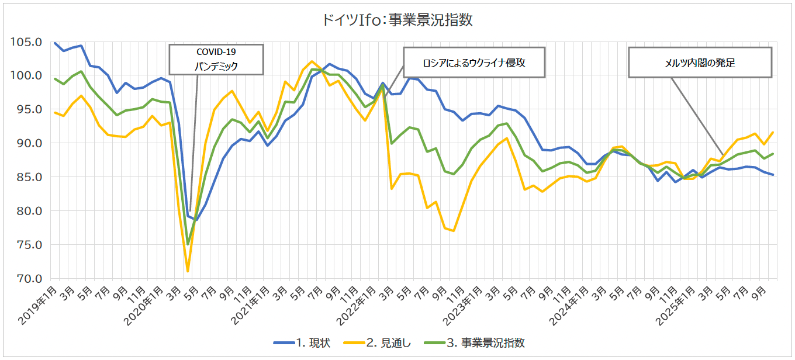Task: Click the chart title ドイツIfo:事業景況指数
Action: point(397,20)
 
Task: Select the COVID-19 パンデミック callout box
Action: point(216,59)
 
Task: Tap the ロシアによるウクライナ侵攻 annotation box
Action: point(474,62)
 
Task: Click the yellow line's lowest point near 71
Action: point(188,271)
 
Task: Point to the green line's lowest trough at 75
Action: point(188,244)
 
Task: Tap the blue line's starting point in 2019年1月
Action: point(55,43)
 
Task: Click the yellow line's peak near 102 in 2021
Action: point(312,61)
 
